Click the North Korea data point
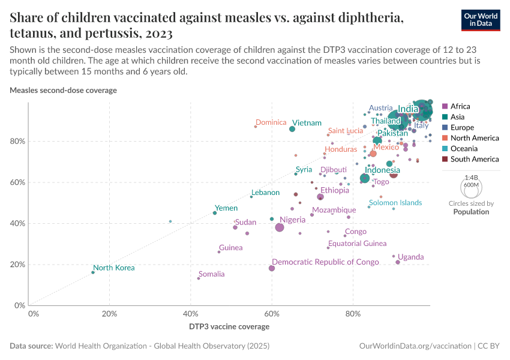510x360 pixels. pos(92,272)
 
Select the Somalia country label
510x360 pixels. pos(211,274)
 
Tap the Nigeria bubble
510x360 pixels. pos(280,227)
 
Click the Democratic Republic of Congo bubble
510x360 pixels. pos(272,268)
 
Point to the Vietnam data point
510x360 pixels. pos(292,129)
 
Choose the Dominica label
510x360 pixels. pos(271,122)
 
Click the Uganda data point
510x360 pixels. pos(398,262)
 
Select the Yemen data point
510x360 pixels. pos(215,213)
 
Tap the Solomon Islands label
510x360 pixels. pos(395,203)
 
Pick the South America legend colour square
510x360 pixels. pos(445,160)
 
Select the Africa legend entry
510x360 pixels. pos(460,107)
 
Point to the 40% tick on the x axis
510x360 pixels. pos(190,314)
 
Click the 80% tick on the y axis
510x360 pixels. pos(16,142)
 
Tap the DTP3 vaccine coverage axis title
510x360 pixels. pos(229,327)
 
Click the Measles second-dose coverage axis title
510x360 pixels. pos(63,91)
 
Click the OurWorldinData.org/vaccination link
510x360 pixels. pos(415,346)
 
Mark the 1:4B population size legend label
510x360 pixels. pos(471,178)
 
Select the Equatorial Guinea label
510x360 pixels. pos(357,244)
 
